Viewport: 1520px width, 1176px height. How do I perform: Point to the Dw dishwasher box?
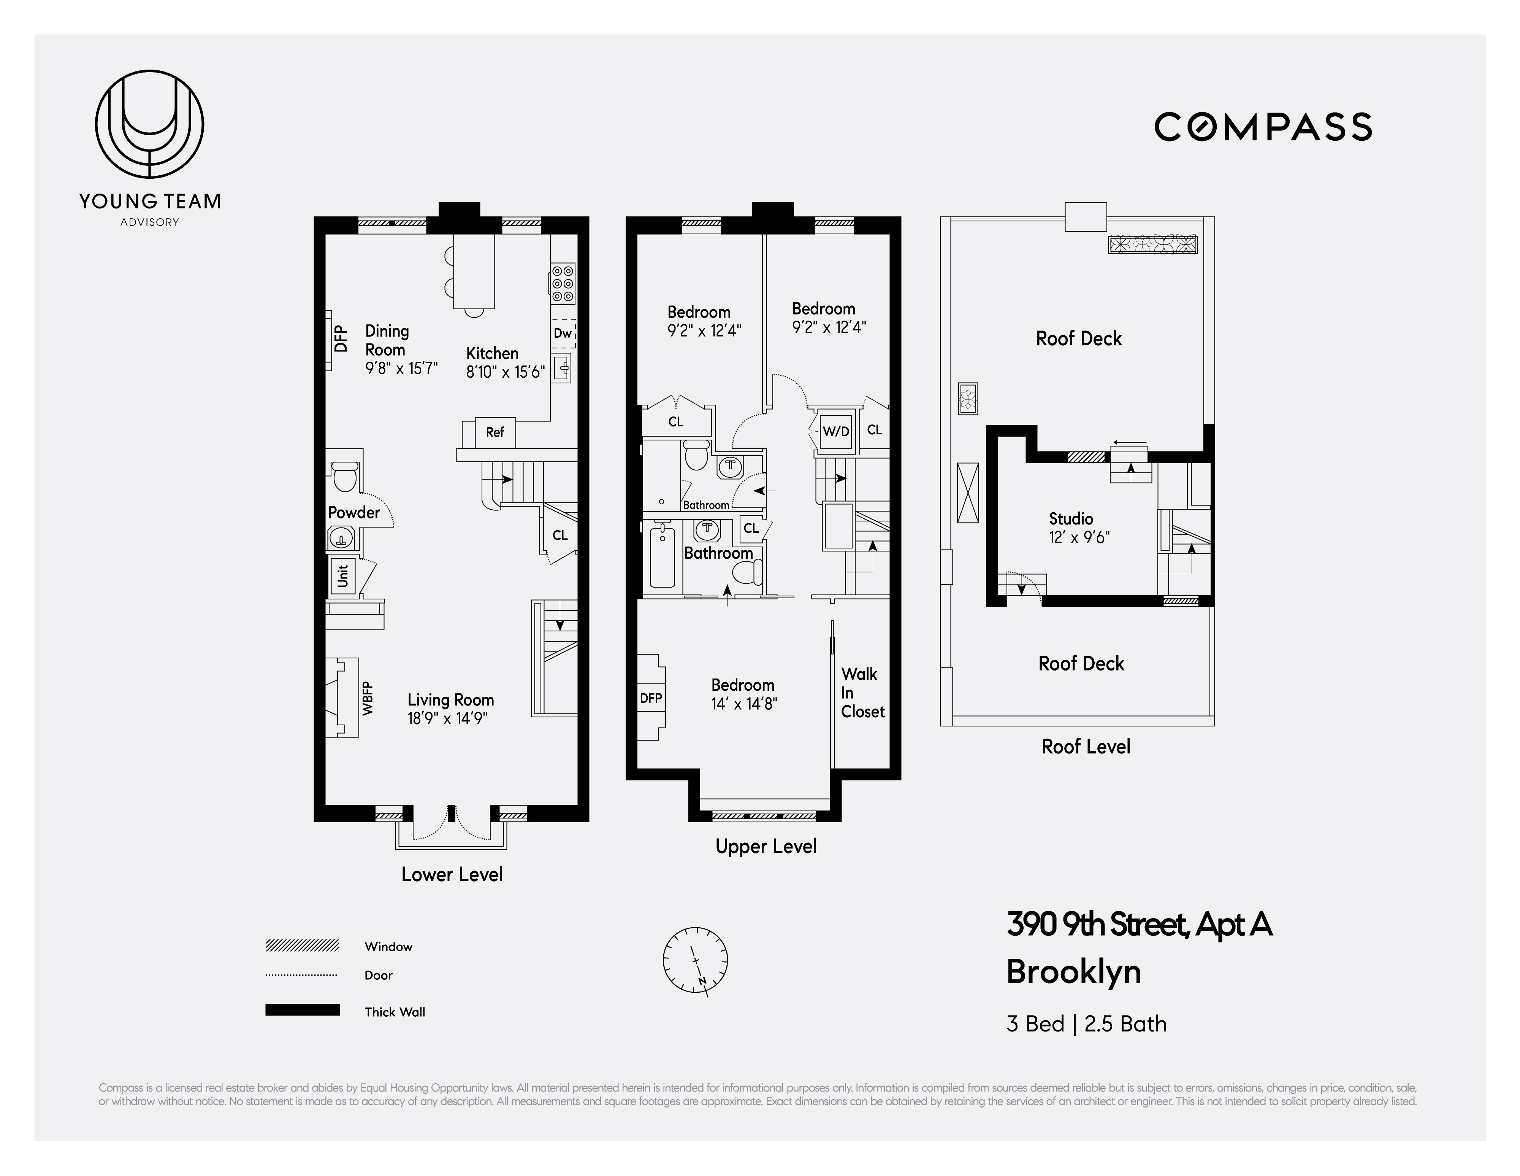563,334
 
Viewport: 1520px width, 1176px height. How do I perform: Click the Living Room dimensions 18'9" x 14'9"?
447,718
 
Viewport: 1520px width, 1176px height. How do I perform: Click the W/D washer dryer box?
836,431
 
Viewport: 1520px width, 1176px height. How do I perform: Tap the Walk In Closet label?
862,693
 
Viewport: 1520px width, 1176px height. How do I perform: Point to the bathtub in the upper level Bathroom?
663,558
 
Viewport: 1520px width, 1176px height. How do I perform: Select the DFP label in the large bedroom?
651,698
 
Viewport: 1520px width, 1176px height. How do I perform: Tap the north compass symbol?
695,960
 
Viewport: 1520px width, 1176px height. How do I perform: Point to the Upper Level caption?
766,847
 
